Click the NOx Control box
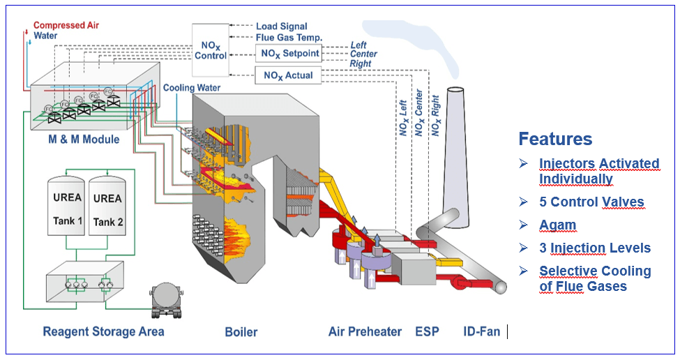(x=211, y=50)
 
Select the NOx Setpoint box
(x=289, y=53)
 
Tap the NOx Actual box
(x=288, y=75)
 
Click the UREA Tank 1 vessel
(x=66, y=206)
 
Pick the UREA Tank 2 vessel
(x=107, y=206)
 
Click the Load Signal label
(x=282, y=27)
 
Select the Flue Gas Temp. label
(x=289, y=38)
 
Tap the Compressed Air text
(x=66, y=25)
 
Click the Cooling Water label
(x=192, y=88)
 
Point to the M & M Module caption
(x=84, y=140)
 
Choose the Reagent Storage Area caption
(x=104, y=332)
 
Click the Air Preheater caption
(x=365, y=332)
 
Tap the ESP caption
(x=427, y=332)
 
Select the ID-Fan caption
(x=482, y=332)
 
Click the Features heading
(x=556, y=139)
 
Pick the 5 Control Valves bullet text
(x=591, y=202)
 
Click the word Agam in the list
(x=558, y=225)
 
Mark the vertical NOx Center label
(x=418, y=113)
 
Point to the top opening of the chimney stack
(x=455, y=90)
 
